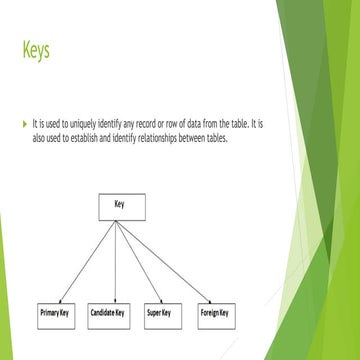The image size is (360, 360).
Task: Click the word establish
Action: point(116,139)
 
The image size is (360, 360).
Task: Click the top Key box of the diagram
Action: point(120,207)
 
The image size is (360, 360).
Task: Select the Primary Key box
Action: point(58,312)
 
